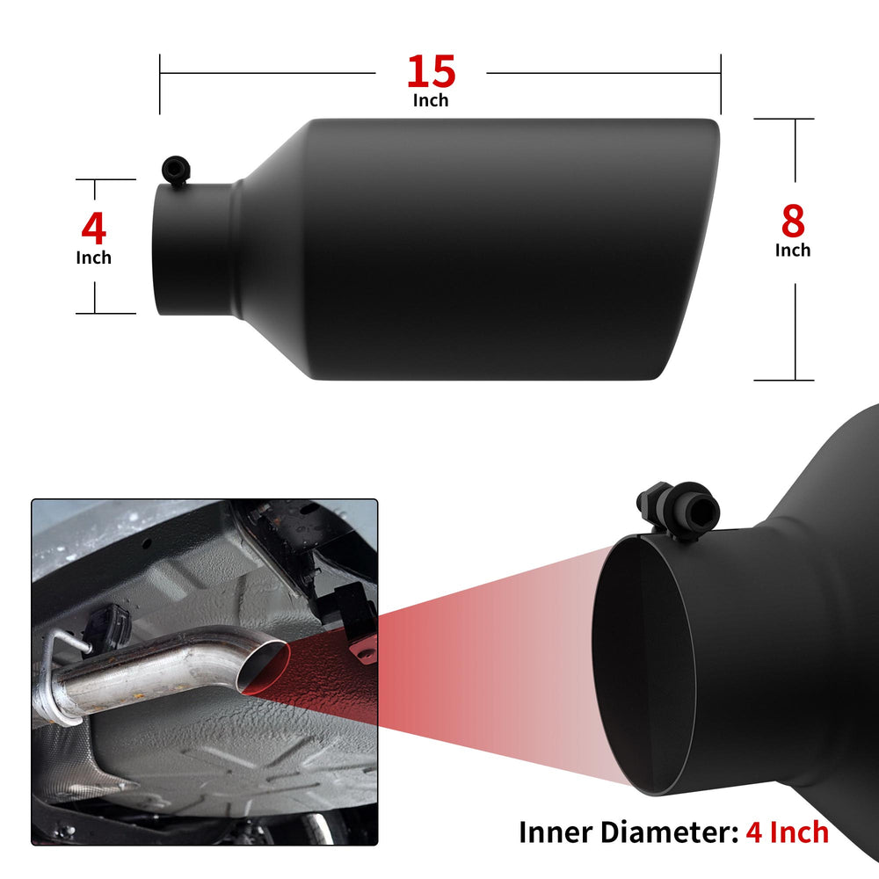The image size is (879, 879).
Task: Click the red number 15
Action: [431, 71]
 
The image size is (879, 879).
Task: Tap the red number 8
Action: [793, 221]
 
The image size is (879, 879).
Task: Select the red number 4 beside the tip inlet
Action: [94, 229]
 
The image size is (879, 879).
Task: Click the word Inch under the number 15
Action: [431, 100]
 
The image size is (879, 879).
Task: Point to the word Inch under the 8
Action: [793, 250]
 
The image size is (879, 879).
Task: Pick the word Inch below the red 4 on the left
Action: [94, 258]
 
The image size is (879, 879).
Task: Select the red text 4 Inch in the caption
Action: [787, 832]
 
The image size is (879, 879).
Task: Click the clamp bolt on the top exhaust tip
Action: [176, 170]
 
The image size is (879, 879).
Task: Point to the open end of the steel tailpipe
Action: [263, 667]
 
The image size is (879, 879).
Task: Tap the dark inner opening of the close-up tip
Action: [643, 665]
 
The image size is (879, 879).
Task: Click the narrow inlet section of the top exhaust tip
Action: [194, 250]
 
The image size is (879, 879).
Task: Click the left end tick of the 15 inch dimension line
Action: [160, 84]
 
